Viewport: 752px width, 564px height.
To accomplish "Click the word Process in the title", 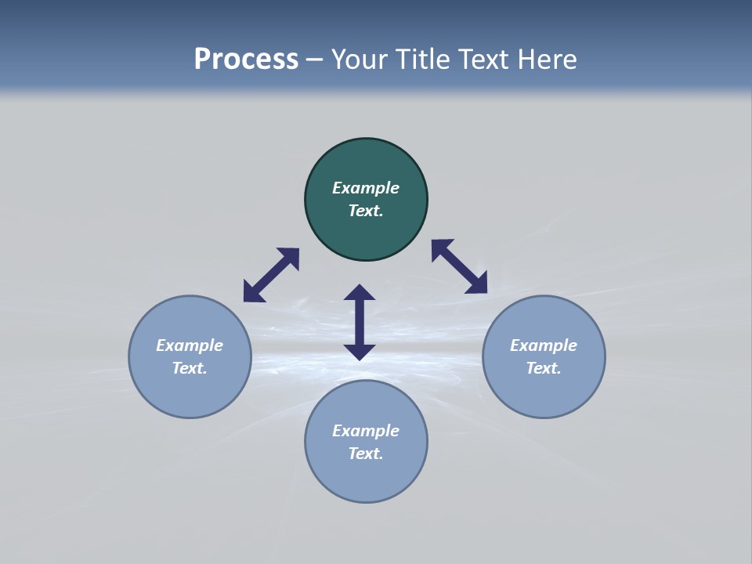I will click(246, 60).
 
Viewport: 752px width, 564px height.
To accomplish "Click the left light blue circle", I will click(190, 392).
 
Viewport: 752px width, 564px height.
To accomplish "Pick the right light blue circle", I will click(544, 392).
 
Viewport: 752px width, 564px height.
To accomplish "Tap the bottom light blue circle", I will click(366, 478).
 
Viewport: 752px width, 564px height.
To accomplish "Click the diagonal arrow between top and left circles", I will click(271, 275).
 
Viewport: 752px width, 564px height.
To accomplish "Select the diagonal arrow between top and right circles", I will click(459, 266).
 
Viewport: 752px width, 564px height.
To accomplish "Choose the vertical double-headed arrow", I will click(360, 322).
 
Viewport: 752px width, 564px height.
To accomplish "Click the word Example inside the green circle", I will click(366, 188).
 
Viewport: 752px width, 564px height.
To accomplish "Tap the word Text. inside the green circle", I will click(366, 211).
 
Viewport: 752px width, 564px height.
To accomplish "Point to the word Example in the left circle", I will click(190, 345).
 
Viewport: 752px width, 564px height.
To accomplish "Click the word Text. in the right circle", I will click(544, 368).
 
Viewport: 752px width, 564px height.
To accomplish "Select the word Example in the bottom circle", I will click(366, 431).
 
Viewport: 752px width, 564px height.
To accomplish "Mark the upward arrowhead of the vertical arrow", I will click(360, 294).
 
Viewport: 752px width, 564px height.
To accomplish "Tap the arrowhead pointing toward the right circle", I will click(477, 284).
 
